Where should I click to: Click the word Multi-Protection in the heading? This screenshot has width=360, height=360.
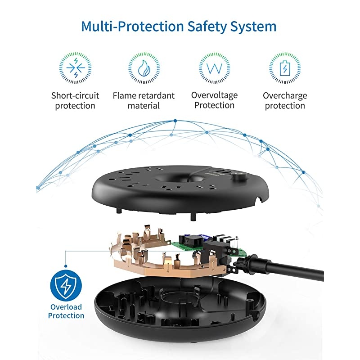point(133,27)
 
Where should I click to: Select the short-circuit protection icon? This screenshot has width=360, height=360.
point(75,68)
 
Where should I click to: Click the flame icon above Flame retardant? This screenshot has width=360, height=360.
point(144,68)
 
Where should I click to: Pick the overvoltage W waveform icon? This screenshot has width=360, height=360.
point(215,68)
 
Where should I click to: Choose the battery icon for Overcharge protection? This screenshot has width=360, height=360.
point(285,68)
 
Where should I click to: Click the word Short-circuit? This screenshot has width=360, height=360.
point(75,95)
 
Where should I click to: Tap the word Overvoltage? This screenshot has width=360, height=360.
point(215,95)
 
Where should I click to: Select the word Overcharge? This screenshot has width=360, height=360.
point(285,96)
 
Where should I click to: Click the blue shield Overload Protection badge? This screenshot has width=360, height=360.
point(66,286)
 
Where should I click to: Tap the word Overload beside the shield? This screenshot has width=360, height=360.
point(66,307)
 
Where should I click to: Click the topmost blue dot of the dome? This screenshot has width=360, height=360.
point(175,121)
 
